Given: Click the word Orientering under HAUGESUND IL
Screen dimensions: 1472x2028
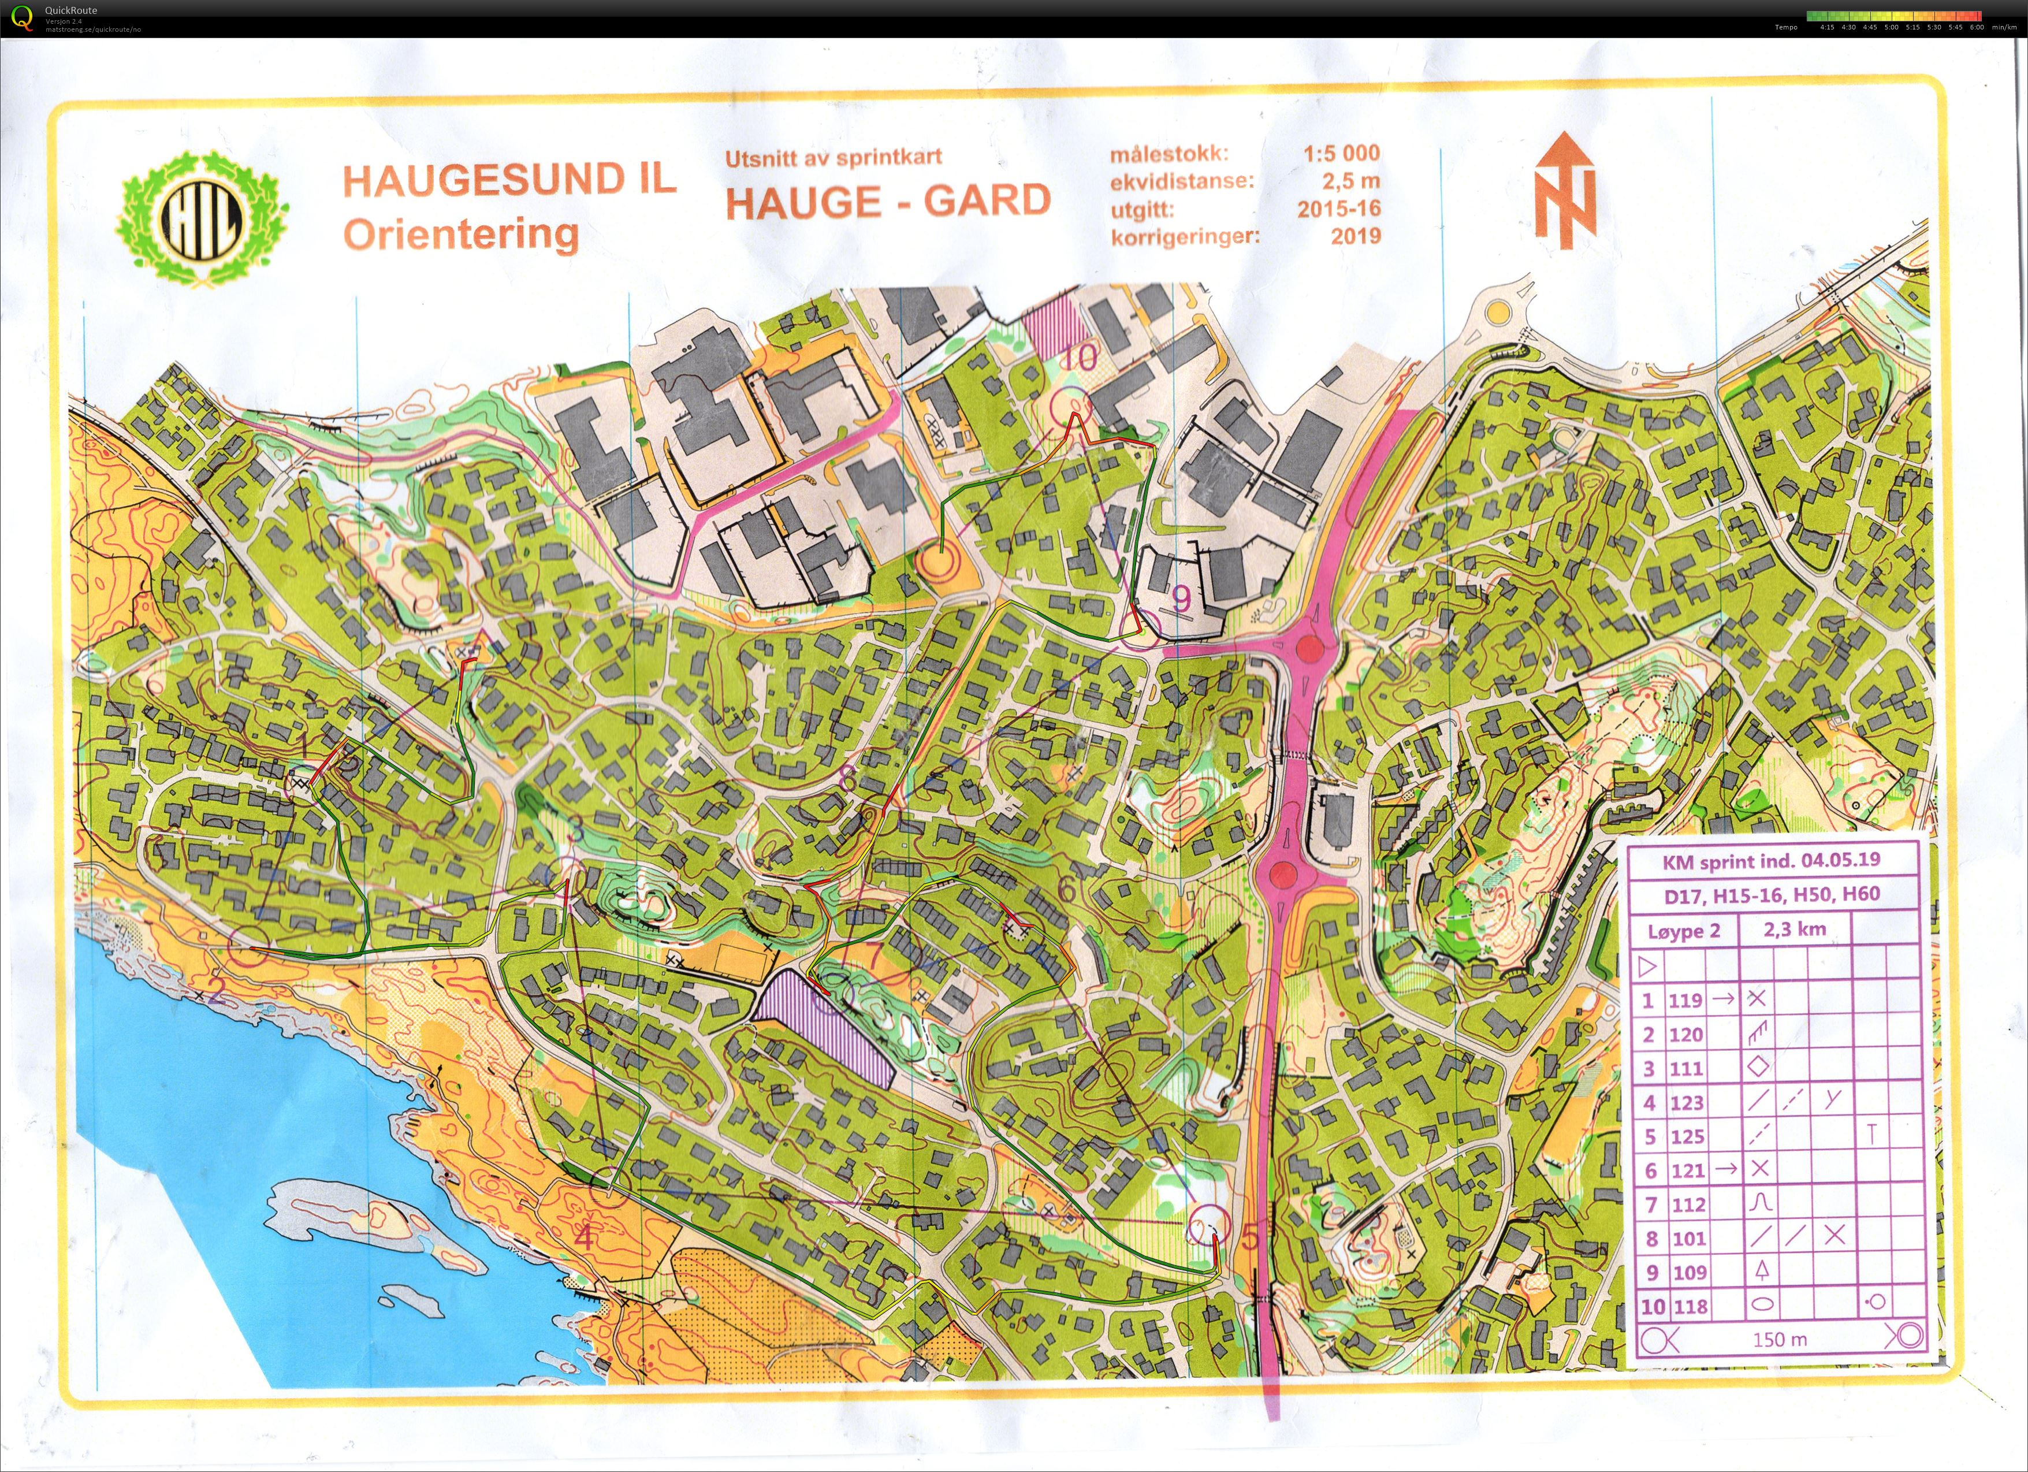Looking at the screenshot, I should [x=460, y=235].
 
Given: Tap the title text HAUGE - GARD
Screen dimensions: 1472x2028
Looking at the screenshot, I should [x=887, y=201].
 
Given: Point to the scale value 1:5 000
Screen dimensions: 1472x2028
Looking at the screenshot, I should [x=1341, y=153].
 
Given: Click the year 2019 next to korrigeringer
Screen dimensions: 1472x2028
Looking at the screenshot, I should [x=1356, y=236].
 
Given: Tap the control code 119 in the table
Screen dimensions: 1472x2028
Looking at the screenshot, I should [x=1685, y=1001].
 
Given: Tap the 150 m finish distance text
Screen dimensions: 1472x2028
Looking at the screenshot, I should [x=1780, y=1339].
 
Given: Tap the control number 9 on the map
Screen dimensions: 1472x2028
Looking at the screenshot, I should [x=1180, y=599].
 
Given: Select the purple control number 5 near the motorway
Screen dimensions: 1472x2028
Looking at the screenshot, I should [x=1249, y=1237].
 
